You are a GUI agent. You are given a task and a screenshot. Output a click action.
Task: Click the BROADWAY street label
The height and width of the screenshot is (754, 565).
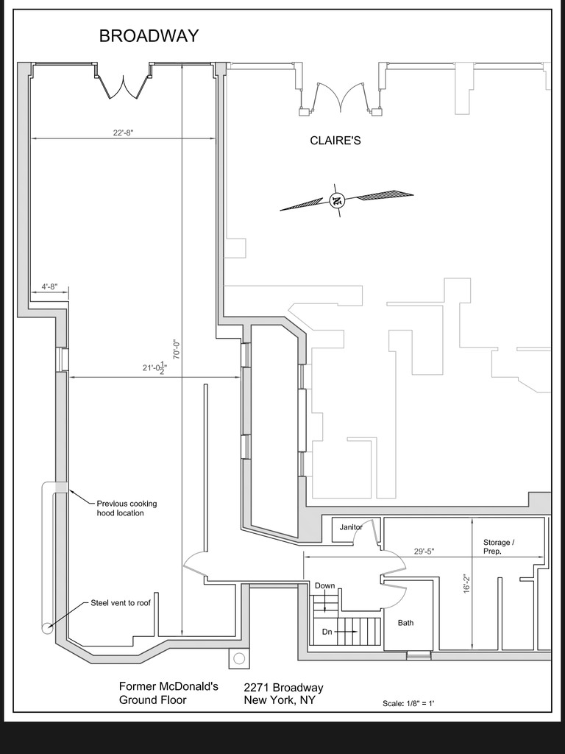149,36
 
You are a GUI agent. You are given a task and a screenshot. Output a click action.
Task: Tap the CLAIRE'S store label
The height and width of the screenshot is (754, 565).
335,141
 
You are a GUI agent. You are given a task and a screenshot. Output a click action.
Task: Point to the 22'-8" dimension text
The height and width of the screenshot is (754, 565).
123,133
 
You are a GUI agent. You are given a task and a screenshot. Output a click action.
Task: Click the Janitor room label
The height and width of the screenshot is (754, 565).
351,527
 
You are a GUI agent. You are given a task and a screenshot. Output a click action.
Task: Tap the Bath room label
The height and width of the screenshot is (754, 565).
405,623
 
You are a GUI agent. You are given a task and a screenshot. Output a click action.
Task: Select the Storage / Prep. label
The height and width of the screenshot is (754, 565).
498,546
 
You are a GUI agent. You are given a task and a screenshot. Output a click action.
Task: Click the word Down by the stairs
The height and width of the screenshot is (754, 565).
324,586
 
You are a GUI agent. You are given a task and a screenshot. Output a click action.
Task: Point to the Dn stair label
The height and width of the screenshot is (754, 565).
327,632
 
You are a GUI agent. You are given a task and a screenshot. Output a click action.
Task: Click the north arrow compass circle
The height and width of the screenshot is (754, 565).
337,200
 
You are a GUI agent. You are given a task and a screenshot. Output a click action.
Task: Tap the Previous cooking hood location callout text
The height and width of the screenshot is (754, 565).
127,508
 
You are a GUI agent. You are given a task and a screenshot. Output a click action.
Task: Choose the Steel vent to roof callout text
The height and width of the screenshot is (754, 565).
120,602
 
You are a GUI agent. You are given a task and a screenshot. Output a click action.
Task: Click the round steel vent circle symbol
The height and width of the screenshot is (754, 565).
47,628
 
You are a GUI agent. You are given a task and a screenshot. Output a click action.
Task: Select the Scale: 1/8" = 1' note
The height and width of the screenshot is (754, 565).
408,704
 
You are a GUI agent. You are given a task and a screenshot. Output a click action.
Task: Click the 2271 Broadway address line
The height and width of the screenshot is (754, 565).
283,688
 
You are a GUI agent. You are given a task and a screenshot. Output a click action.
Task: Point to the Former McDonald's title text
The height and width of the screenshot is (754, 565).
168,686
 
